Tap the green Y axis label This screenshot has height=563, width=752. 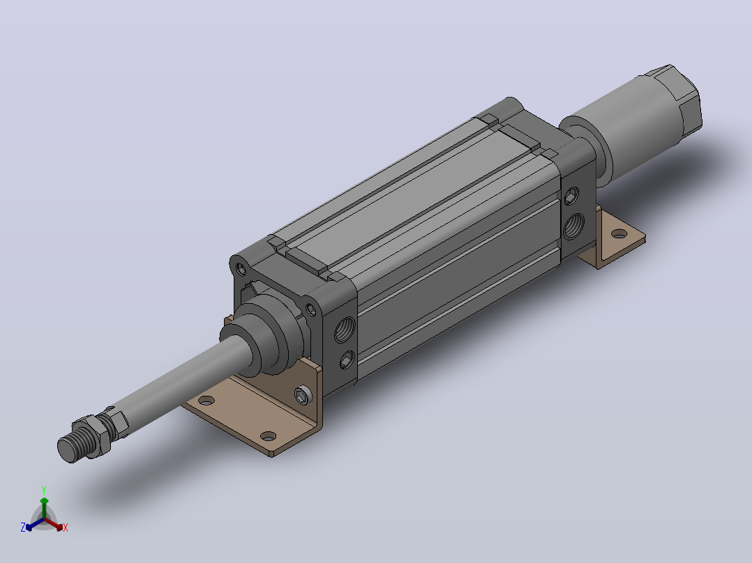(x=44, y=490)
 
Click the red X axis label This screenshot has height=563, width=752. (x=66, y=527)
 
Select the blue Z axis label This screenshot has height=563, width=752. (x=23, y=527)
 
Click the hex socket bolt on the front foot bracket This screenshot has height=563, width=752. (x=303, y=395)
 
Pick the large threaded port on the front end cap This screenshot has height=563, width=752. (x=345, y=330)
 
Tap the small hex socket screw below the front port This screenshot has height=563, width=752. (x=347, y=360)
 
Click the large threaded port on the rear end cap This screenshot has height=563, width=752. (x=573, y=226)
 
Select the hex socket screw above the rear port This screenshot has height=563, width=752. (x=571, y=196)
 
